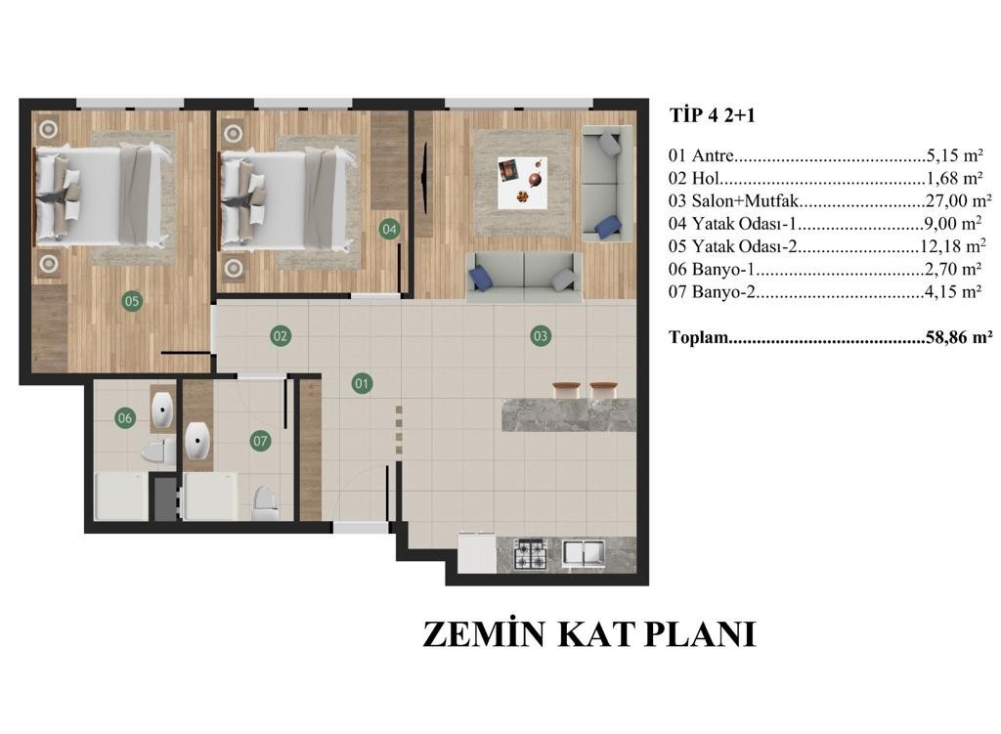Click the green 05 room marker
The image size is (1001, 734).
tap(132, 301)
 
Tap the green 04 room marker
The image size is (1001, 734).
tap(389, 229)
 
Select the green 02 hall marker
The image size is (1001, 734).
tap(281, 336)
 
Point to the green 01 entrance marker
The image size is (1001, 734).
tap(362, 383)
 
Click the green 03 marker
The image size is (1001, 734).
tap(540, 336)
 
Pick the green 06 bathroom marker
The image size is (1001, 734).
tap(124, 418)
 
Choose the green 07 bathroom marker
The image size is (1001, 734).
tap(260, 441)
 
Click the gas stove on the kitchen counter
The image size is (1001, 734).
tap(531, 554)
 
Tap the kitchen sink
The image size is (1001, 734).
tap(584, 553)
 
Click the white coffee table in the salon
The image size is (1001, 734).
tap(523, 182)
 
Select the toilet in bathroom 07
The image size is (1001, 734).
tap(264, 503)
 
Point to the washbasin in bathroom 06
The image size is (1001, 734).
tap(162, 410)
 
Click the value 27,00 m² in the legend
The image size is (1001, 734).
tap(959, 200)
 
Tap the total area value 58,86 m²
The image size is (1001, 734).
tap(959, 337)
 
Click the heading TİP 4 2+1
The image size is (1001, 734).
tap(713, 115)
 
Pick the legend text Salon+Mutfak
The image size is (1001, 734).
tap(745, 200)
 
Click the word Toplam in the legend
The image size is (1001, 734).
tap(699, 337)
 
